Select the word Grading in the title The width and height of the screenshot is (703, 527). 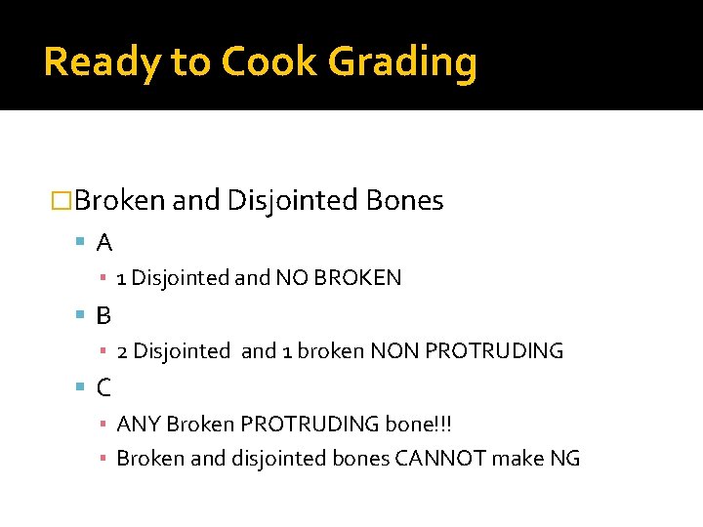tap(403, 62)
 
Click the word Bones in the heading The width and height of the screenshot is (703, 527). tap(404, 201)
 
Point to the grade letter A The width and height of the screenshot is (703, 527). tap(103, 242)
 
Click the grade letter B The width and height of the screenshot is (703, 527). tap(103, 315)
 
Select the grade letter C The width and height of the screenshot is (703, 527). tap(103, 387)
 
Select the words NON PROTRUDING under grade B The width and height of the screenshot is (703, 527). tap(467, 351)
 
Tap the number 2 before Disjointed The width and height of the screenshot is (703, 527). tap(122, 351)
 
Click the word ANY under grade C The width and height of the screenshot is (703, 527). tap(139, 425)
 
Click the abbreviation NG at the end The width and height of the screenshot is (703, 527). tap(565, 458)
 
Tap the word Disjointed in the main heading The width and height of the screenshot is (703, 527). tap(292, 201)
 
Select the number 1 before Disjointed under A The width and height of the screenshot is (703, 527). tap(121, 278)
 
